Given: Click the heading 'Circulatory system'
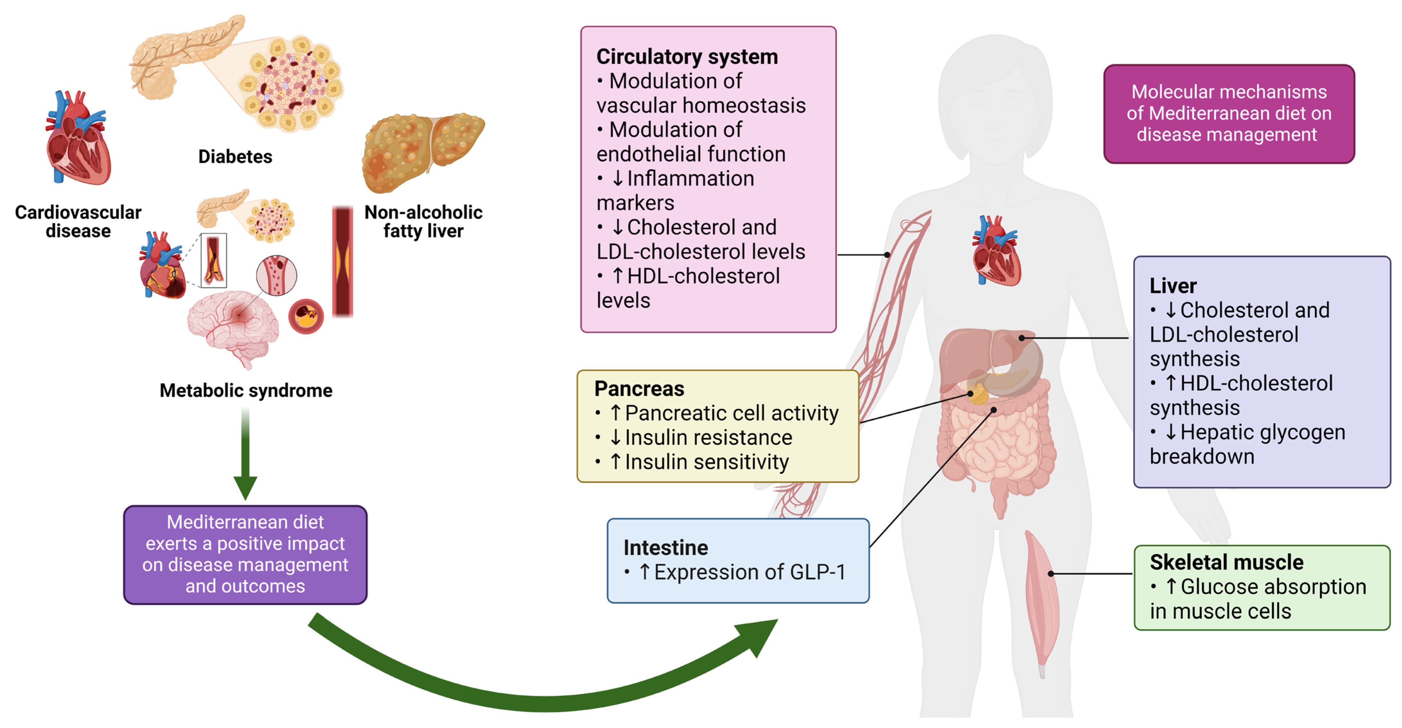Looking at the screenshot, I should pos(687,57).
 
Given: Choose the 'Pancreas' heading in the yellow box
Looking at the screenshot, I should pos(639,388).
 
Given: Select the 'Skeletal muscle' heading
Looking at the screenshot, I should pos(1226,562).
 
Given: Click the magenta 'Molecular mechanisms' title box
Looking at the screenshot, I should pos(1229,114).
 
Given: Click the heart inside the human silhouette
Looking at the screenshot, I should pos(996,251).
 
